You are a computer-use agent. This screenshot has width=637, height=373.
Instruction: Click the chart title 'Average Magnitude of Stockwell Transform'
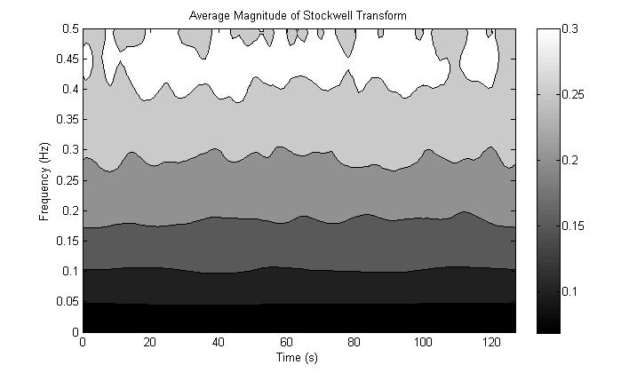point(299,16)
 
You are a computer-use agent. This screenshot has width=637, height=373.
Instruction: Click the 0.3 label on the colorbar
point(574,29)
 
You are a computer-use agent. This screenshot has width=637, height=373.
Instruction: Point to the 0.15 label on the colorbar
point(577,226)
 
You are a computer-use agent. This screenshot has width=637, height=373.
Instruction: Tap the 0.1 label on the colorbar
point(574,291)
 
